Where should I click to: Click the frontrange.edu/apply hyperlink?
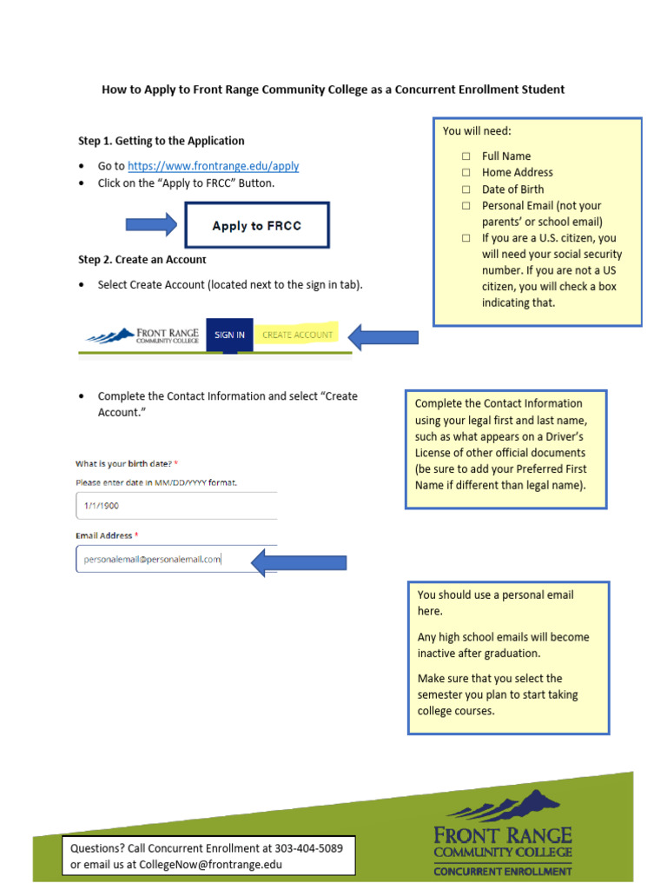click(213, 166)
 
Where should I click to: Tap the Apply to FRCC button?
click(257, 225)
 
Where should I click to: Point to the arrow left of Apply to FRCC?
click(151, 225)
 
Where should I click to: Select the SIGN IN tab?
click(229, 335)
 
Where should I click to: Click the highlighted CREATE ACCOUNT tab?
click(297, 335)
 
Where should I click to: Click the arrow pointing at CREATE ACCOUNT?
click(383, 336)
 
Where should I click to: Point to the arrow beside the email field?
click(299, 562)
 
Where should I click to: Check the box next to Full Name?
click(466, 156)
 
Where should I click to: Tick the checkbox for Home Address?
click(466, 173)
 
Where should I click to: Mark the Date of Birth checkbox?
click(466, 189)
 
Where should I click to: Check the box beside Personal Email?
click(466, 206)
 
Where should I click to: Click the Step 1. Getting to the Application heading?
click(161, 141)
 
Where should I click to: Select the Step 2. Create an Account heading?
click(142, 260)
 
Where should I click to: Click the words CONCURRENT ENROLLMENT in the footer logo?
click(502, 871)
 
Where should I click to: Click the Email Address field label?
click(104, 535)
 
